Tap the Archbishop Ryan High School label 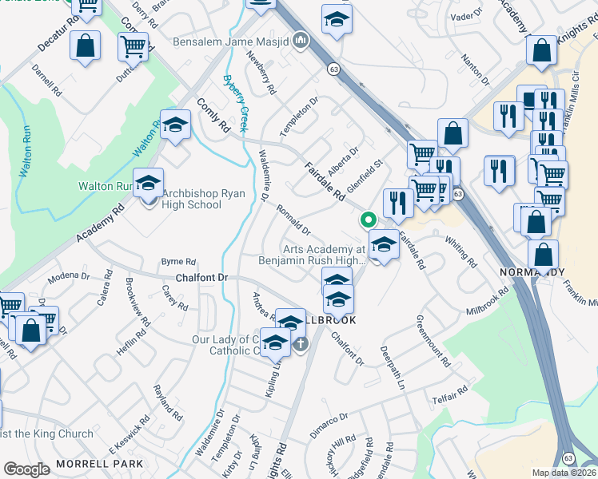click(191, 199)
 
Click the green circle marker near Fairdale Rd click(368, 220)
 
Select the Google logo click(26, 469)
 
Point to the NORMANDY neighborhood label click(531, 272)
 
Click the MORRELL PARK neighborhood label click(99, 464)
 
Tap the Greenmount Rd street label click(433, 340)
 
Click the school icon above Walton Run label click(174, 125)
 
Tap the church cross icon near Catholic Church click(301, 344)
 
